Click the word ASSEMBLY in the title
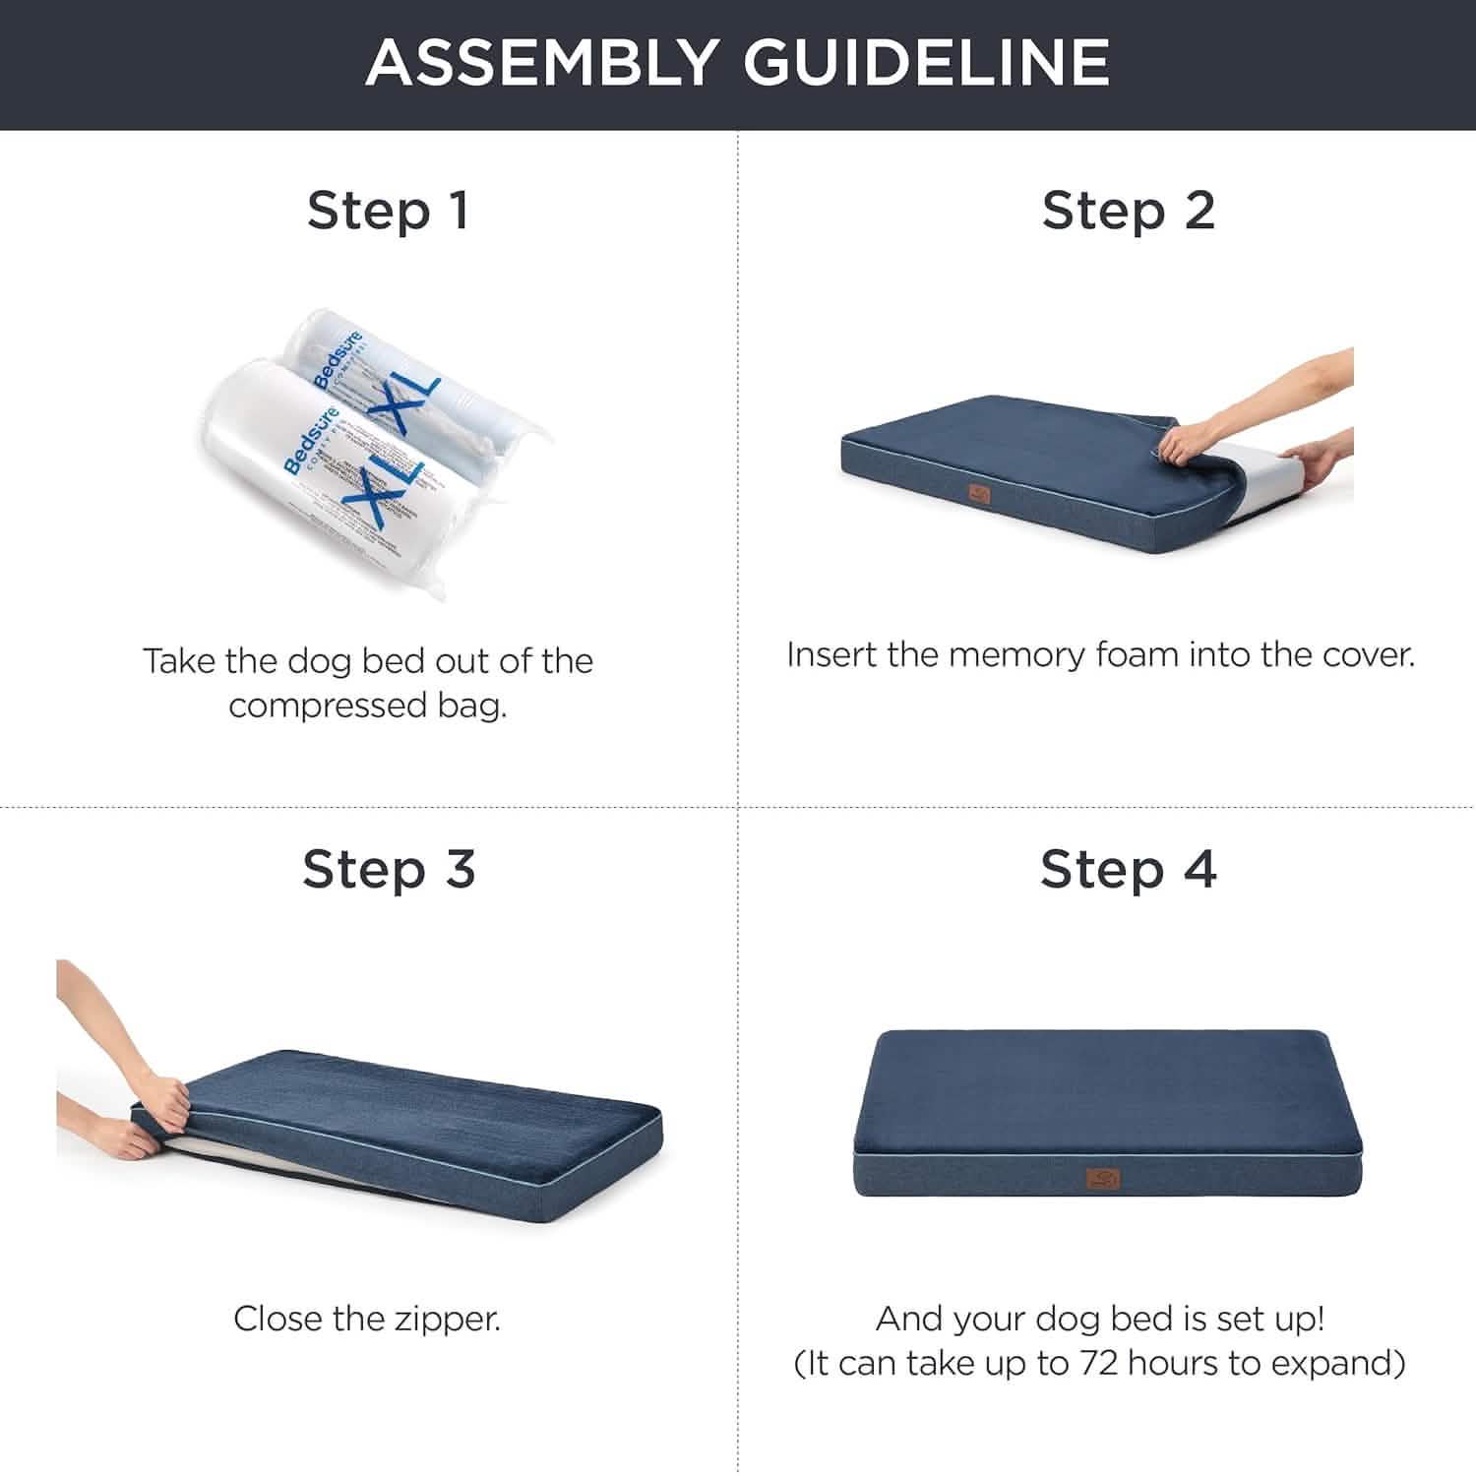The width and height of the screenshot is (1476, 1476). (540, 62)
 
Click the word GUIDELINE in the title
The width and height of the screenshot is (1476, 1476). (926, 62)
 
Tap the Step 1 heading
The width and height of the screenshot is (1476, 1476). (388, 211)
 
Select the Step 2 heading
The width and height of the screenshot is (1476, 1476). (1128, 211)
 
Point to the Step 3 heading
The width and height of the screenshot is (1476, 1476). (389, 870)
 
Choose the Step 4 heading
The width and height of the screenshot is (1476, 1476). (1128, 870)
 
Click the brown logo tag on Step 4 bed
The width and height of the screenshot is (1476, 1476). (1102, 1179)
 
